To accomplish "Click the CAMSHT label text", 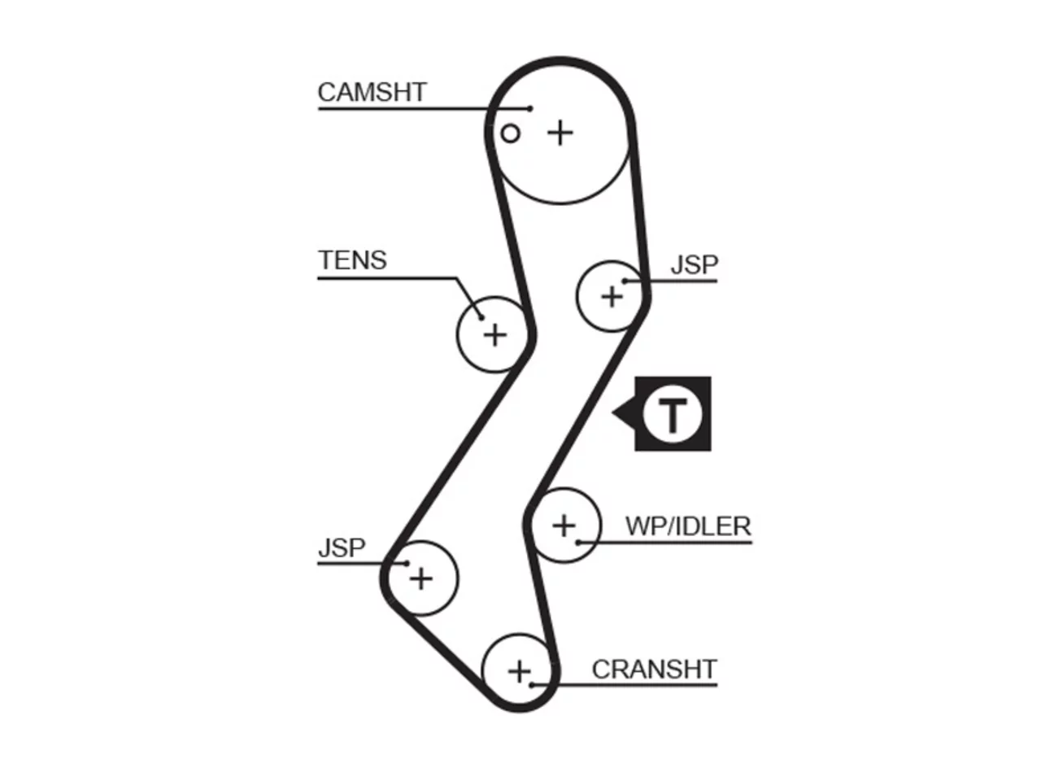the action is pyautogui.click(x=372, y=93).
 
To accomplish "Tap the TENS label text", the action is pyautogui.click(x=352, y=260).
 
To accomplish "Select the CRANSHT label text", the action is pyautogui.click(x=654, y=670).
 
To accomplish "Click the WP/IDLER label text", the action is pyautogui.click(x=688, y=526).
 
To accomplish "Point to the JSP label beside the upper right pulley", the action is pyautogui.click(x=695, y=264).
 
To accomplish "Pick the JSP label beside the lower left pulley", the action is pyautogui.click(x=342, y=548).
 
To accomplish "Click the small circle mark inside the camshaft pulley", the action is pyautogui.click(x=510, y=133).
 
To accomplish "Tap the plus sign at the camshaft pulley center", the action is pyautogui.click(x=560, y=133).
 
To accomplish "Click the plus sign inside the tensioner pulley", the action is pyautogui.click(x=495, y=335).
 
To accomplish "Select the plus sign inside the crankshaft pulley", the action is pyautogui.click(x=520, y=671).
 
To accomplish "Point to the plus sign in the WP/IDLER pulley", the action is pyautogui.click(x=564, y=526).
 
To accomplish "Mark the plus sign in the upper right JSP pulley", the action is pyautogui.click(x=612, y=297).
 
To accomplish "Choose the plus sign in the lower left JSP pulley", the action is pyautogui.click(x=421, y=579).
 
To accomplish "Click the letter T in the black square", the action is pyautogui.click(x=673, y=416).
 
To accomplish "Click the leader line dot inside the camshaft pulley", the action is pyautogui.click(x=530, y=108).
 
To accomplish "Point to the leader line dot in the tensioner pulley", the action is pyautogui.click(x=481, y=317).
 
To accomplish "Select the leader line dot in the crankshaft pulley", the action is pyautogui.click(x=532, y=685).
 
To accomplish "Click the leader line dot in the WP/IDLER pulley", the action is pyautogui.click(x=578, y=542).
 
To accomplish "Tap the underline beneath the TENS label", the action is pyautogui.click(x=387, y=278).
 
